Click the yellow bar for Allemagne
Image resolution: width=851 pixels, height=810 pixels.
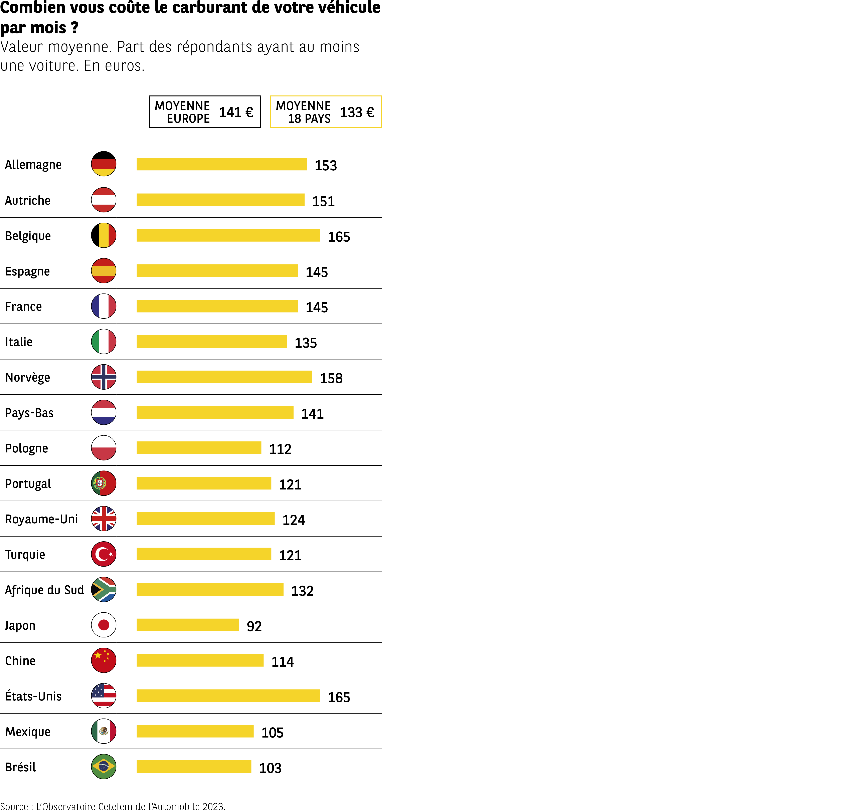click(221, 164)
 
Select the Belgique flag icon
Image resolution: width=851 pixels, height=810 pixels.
click(104, 235)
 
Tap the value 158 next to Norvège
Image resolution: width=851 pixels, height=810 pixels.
click(331, 378)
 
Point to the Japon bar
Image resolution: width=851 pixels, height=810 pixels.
click(188, 625)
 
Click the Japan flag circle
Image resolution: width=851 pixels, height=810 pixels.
click(104, 625)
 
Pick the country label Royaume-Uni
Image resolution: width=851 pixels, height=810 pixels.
click(41, 519)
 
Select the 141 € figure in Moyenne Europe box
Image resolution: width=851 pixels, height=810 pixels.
click(236, 112)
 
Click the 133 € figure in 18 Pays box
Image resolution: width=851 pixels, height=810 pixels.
click(357, 112)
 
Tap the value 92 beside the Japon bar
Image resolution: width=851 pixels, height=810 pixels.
click(254, 626)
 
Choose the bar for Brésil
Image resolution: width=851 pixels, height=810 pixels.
click(194, 766)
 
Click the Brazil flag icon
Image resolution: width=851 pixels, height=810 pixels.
click(104, 766)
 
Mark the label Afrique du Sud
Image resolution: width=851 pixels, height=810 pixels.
click(44, 590)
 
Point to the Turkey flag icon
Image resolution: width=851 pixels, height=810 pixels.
click(104, 554)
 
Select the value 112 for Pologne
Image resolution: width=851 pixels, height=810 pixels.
click(280, 449)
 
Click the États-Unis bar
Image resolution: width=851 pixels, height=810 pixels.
click(228, 695)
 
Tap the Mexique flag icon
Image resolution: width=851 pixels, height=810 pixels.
click(104, 731)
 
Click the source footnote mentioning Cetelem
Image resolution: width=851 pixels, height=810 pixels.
click(112, 806)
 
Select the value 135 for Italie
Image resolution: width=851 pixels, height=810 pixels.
click(306, 343)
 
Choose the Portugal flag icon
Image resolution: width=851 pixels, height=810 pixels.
click(104, 483)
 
